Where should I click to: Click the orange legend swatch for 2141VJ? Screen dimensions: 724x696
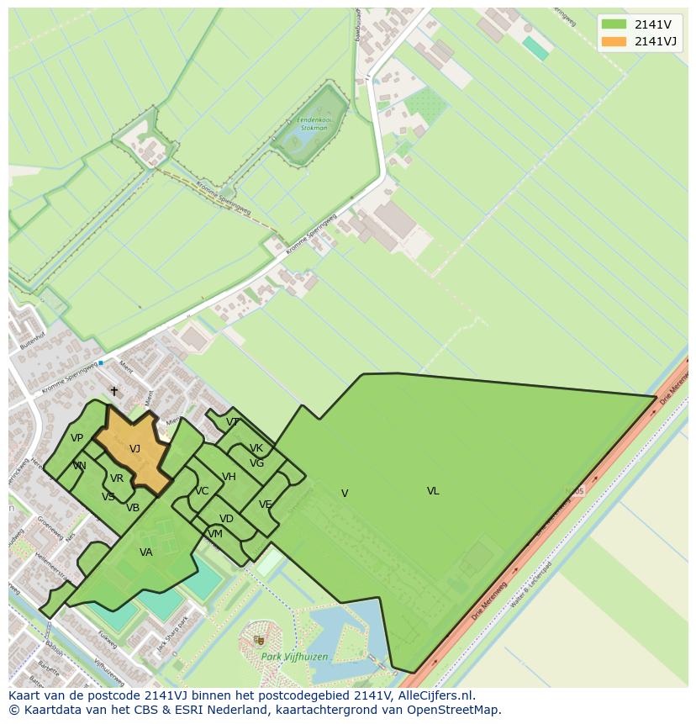click(614, 41)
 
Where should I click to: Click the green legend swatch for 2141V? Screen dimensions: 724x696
click(614, 24)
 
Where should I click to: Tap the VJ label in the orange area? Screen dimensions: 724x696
click(134, 449)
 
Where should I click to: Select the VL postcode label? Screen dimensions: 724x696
click(433, 491)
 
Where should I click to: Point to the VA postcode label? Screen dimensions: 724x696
click(146, 552)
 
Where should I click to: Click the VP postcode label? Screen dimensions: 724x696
click(76, 438)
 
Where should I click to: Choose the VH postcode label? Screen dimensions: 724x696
click(229, 477)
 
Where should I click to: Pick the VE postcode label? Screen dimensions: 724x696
click(266, 505)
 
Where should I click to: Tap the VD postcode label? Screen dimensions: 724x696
click(226, 519)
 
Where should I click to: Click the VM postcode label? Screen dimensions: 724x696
click(215, 534)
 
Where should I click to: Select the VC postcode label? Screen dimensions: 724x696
click(202, 491)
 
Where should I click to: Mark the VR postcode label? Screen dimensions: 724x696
click(117, 478)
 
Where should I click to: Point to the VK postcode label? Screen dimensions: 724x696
click(256, 448)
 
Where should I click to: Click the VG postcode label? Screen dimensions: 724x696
click(256, 463)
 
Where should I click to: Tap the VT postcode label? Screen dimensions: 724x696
click(233, 422)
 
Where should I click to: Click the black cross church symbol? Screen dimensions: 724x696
click(114, 391)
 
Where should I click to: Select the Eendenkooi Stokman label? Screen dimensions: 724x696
click(313, 125)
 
